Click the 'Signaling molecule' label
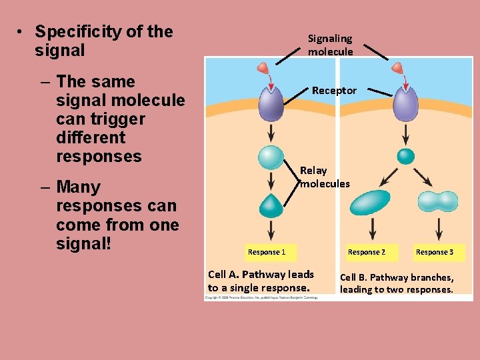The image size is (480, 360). point(331,45)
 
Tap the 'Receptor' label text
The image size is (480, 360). point(334,90)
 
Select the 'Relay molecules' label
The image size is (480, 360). point(325,177)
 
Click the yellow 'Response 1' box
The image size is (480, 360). point(267,252)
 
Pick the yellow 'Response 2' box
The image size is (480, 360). point(367,252)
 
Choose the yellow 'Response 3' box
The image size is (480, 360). point(435,252)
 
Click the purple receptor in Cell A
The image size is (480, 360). point(271,104)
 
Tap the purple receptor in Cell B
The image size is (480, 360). point(405,104)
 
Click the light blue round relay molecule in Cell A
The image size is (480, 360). point(271,157)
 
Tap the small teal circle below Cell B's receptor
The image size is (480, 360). point(405,156)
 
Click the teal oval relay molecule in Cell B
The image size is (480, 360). point(370,203)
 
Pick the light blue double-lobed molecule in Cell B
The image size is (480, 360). point(437,201)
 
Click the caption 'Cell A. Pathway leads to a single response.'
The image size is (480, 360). point(261,281)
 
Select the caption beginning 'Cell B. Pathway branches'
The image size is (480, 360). point(397,283)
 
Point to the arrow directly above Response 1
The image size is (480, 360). point(271,230)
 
